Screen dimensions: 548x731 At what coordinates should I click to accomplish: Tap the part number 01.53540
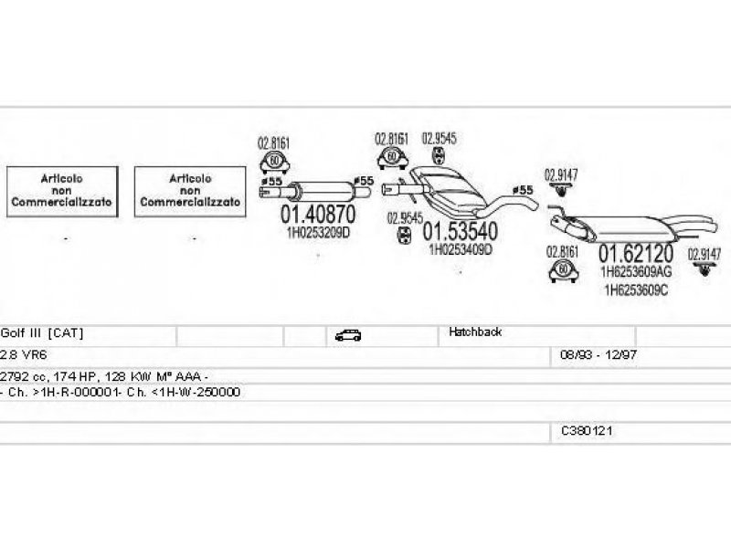459,231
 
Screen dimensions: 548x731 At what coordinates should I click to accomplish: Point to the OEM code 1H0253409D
461,248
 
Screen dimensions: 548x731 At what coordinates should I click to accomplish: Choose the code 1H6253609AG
636,271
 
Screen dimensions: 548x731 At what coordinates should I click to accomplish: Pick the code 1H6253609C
636,290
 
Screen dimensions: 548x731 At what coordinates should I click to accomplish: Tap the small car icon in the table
347,335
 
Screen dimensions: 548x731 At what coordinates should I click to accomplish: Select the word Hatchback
474,332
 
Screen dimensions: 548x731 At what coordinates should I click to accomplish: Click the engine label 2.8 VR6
21,354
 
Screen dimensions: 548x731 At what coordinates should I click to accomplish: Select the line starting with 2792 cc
105,375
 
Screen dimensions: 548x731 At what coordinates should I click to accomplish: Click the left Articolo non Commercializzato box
63,192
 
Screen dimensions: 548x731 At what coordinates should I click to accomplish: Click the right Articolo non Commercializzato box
191,192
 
